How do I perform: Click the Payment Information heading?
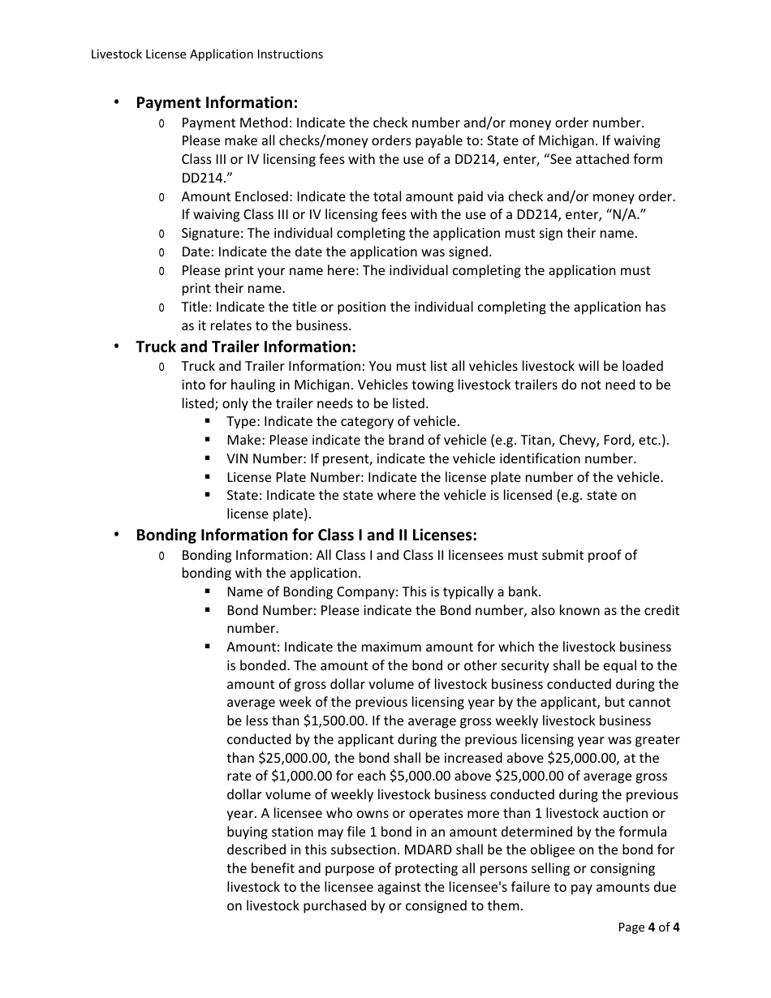[217, 103]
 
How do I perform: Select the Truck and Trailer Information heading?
[246, 347]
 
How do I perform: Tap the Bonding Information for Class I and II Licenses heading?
[306, 536]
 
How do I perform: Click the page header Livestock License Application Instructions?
[207, 54]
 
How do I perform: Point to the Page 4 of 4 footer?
[648, 927]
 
